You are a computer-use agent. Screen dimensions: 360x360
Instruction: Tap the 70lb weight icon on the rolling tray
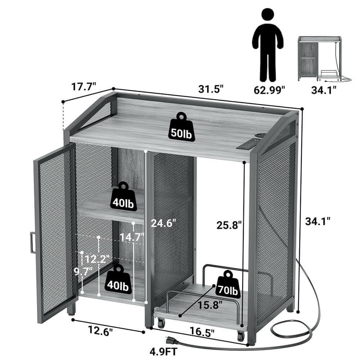228,284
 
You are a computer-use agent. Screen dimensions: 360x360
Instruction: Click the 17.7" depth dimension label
84,87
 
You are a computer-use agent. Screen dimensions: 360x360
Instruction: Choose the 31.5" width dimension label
211,89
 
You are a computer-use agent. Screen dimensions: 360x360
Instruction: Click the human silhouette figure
268,45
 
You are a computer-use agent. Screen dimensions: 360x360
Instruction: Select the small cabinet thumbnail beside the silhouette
324,59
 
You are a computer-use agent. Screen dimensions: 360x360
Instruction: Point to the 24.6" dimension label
163,223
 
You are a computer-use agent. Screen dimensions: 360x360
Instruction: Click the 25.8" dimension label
229,225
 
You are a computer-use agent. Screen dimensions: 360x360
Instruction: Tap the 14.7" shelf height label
132,237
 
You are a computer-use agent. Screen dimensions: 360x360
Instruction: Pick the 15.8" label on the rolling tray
210,305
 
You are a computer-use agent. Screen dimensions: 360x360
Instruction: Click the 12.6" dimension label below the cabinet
100,331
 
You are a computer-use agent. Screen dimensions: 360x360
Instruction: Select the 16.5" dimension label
202,332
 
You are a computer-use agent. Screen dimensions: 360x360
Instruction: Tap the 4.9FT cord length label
163,351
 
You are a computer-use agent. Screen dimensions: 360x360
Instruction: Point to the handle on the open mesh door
32,243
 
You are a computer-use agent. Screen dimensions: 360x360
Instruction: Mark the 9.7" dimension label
83,271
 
